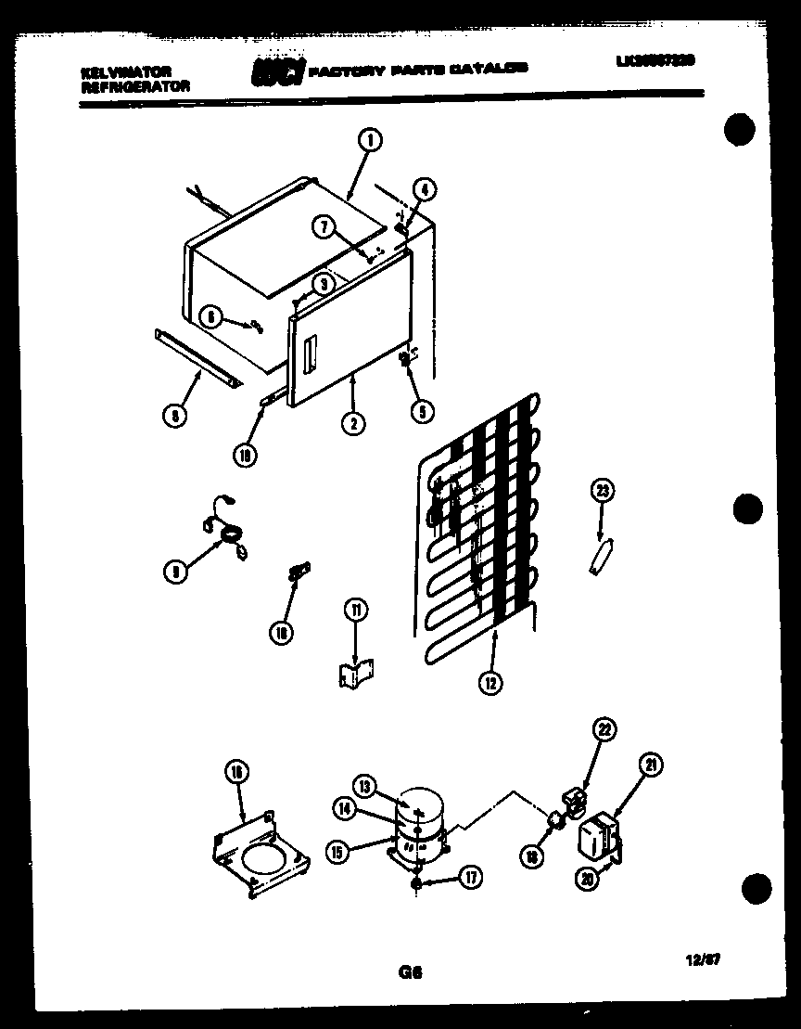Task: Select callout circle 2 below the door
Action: coord(352,423)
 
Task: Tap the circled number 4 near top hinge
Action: coord(422,189)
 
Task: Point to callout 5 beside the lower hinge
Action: coord(421,414)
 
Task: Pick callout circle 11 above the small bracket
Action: coord(356,610)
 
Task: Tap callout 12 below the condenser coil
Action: coord(489,683)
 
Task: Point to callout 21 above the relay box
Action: coord(653,765)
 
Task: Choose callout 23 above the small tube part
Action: coord(603,492)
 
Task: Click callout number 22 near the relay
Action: coord(604,730)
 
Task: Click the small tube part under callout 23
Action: coord(600,560)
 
